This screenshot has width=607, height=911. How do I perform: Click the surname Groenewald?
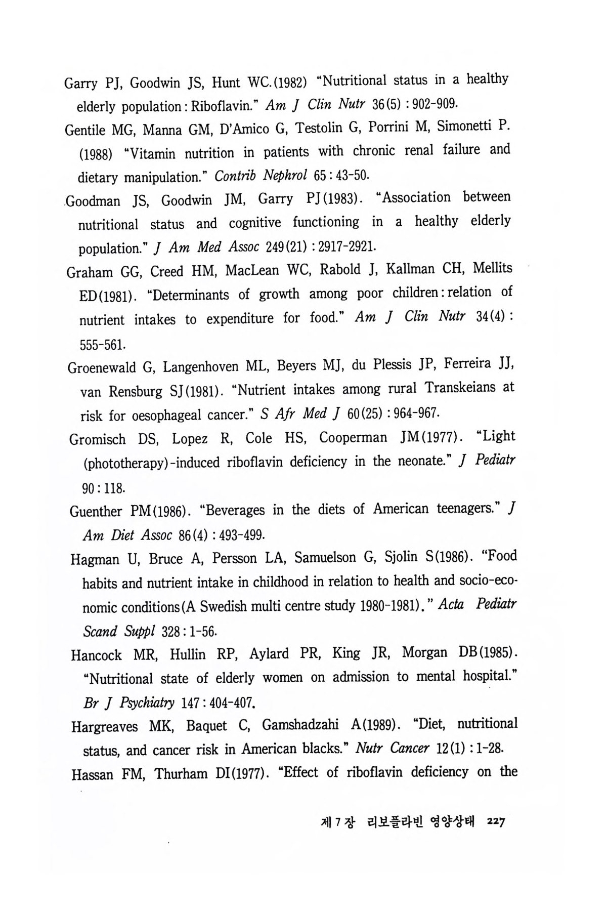tap(102, 367)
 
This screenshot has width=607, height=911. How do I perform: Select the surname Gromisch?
tap(97, 439)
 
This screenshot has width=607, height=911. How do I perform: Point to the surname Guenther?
tap(96, 511)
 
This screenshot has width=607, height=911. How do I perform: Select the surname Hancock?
tap(97, 655)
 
